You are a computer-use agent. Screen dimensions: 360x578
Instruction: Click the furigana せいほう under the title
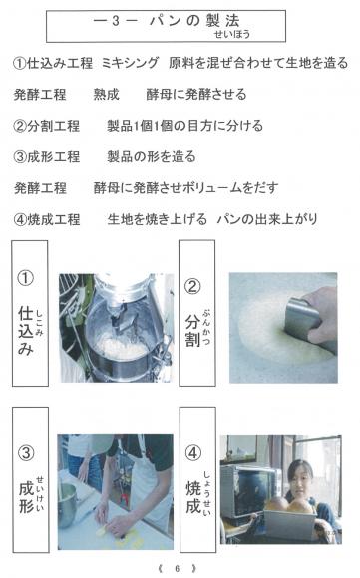tap(232, 34)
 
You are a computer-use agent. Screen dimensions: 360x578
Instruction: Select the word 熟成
tap(107, 95)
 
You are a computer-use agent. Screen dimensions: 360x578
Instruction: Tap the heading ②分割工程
tap(46, 126)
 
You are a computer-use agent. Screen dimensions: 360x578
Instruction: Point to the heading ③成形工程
tap(46, 157)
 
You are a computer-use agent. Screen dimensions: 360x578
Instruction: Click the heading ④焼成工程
tap(47, 219)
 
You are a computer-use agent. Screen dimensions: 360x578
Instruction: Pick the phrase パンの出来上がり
tap(267, 219)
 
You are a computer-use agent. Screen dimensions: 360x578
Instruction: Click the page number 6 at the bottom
tap(178, 568)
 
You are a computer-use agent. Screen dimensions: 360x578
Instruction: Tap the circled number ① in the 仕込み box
tap(26, 278)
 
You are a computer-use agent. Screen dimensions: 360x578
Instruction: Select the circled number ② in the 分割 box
tap(192, 287)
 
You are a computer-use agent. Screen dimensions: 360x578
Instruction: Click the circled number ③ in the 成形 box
tap(26, 453)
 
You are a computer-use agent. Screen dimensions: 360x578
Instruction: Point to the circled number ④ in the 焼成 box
tap(192, 453)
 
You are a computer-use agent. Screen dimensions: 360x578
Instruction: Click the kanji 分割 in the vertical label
tap(192, 331)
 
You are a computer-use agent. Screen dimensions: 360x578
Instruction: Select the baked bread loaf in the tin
tap(290, 505)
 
